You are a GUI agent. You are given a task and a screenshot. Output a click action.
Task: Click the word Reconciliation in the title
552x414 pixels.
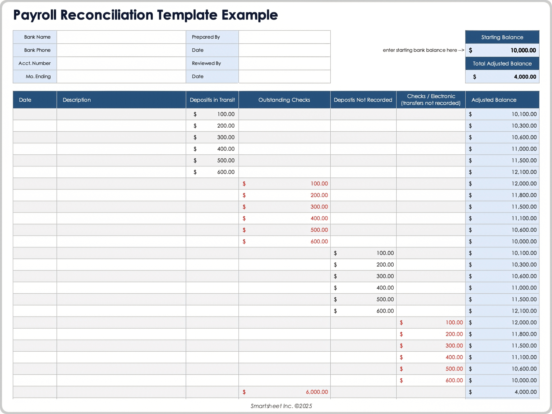pos(107,15)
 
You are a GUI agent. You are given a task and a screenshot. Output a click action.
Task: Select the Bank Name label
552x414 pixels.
pos(37,37)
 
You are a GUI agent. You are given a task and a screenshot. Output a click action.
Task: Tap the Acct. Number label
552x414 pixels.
pos(34,63)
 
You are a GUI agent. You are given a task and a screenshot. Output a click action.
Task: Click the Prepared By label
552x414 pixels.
pos(206,37)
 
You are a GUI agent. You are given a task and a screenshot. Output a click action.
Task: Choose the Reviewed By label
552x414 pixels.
pos(206,63)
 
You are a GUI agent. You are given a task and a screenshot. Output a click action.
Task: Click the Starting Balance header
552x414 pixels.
pos(502,37)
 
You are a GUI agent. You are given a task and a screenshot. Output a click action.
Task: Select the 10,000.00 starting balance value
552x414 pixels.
pos(523,50)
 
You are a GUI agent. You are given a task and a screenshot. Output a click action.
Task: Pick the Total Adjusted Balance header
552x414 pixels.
pos(502,64)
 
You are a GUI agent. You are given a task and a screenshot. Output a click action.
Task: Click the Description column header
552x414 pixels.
pos(77,100)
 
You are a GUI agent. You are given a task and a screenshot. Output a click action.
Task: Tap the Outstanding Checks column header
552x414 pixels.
pos(284,100)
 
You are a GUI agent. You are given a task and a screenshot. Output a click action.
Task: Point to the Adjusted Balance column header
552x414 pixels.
pos(494,100)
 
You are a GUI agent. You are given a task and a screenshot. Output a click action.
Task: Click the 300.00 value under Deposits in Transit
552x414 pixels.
pos(226,137)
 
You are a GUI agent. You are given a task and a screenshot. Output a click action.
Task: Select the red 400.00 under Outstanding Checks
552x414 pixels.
pos(319,218)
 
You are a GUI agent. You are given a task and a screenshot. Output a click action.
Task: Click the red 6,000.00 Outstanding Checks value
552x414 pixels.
pos(317,392)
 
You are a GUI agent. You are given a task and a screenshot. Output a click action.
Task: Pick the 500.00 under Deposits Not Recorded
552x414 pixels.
pos(385,299)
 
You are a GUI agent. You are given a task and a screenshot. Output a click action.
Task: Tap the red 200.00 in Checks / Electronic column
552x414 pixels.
pos(454,334)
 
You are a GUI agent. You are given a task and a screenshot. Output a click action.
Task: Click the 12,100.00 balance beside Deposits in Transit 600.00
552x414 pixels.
pos(524,172)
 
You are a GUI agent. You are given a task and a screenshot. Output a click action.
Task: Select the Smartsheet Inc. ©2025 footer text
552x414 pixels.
pos(281,406)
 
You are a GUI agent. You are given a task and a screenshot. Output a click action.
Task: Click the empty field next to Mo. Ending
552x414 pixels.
pos(121,76)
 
